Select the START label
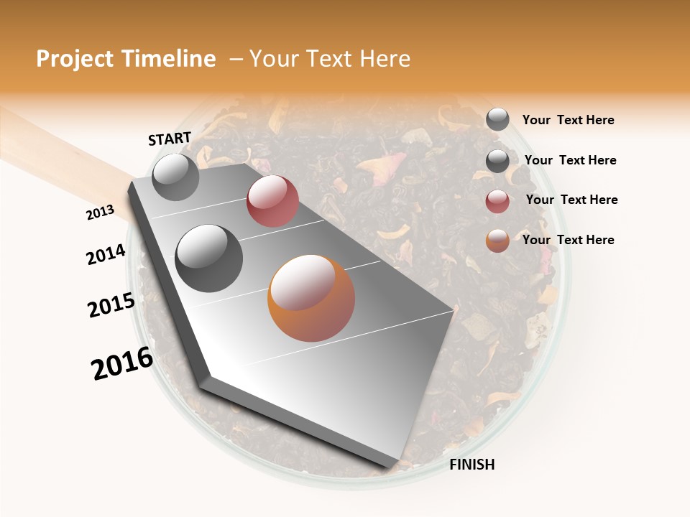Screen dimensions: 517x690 (x=170, y=138)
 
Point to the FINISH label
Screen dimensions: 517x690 (x=471, y=465)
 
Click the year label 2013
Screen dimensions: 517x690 (x=101, y=213)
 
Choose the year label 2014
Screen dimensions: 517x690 (x=106, y=254)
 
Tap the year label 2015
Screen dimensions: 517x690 (x=111, y=306)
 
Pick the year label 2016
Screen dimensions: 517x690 (x=122, y=363)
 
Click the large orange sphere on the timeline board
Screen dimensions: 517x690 (x=311, y=298)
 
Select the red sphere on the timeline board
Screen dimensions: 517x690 (x=272, y=201)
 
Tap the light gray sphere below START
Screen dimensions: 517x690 (x=175, y=177)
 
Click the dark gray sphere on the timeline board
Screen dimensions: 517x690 (x=208, y=258)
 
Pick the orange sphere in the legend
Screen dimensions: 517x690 (x=497, y=241)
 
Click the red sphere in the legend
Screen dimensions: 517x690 (x=497, y=201)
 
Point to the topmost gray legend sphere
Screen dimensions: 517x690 (x=497, y=120)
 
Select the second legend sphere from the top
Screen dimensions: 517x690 (x=497, y=161)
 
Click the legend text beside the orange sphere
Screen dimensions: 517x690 (x=568, y=240)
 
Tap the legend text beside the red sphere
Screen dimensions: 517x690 (x=571, y=200)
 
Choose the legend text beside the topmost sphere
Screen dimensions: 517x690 (x=568, y=120)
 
